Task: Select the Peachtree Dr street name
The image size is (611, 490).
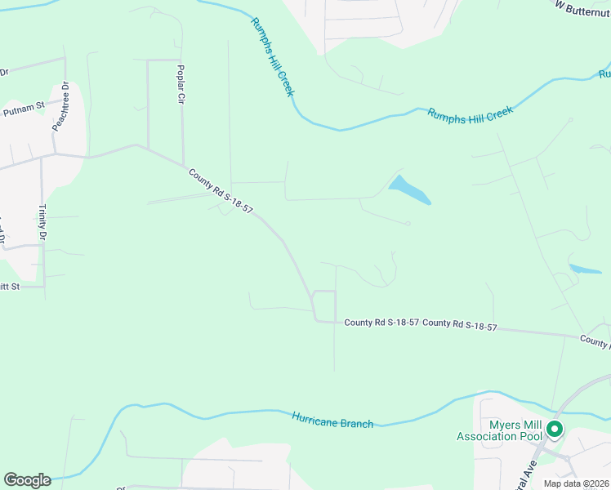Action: click(x=60, y=107)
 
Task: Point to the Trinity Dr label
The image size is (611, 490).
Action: click(x=42, y=222)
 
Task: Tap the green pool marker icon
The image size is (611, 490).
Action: click(x=555, y=428)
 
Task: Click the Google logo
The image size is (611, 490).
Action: click(x=27, y=480)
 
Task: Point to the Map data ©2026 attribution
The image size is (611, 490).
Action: click(x=576, y=483)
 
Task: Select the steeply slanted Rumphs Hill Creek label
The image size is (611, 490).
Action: click(x=272, y=56)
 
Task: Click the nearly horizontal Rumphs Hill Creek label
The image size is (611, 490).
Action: click(x=470, y=115)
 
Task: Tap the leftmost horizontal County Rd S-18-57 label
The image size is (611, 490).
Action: click(x=381, y=323)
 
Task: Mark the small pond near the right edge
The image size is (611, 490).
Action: click(x=586, y=269)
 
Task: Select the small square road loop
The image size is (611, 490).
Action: click(x=324, y=305)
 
